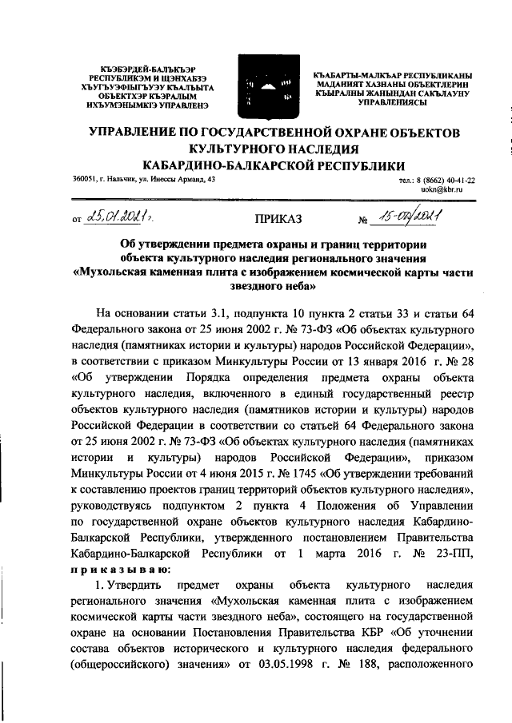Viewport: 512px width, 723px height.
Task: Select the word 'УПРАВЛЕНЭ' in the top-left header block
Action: pos(154,105)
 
